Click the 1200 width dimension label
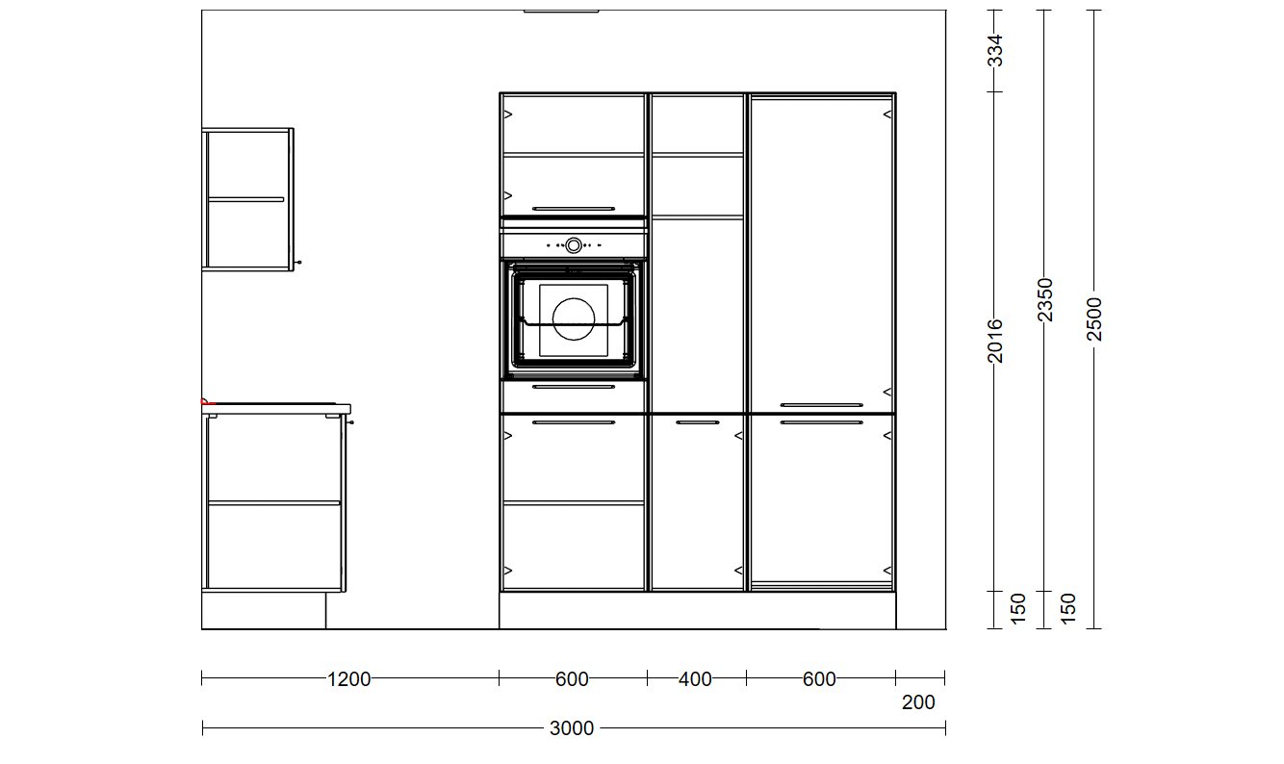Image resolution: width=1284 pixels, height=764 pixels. (x=348, y=679)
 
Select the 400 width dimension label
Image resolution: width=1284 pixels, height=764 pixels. (x=695, y=679)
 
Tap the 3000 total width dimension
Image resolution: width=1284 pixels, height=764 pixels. (x=572, y=728)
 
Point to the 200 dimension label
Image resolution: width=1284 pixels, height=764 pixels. (x=918, y=702)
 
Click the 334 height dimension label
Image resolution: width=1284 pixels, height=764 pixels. (x=996, y=51)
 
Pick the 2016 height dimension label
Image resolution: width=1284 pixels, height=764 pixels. (x=995, y=341)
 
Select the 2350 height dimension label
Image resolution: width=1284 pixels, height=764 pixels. (x=1045, y=300)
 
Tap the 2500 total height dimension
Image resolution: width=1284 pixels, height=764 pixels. (x=1094, y=319)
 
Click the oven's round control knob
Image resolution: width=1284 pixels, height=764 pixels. (x=574, y=245)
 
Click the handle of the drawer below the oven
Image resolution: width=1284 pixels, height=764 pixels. (x=574, y=387)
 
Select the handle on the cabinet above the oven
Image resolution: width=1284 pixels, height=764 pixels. (x=574, y=209)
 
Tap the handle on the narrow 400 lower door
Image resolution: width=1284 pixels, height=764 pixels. (x=698, y=422)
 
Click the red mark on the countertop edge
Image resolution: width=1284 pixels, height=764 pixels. (x=206, y=402)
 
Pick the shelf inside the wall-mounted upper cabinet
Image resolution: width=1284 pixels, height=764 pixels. (x=245, y=199)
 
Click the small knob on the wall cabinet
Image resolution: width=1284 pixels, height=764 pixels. (x=298, y=263)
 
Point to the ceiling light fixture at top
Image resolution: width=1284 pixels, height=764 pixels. (x=561, y=11)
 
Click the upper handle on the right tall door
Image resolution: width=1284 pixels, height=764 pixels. (x=821, y=405)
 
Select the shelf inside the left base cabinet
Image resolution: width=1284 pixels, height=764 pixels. (x=274, y=503)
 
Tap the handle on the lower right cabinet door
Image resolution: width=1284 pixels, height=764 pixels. (x=821, y=422)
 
